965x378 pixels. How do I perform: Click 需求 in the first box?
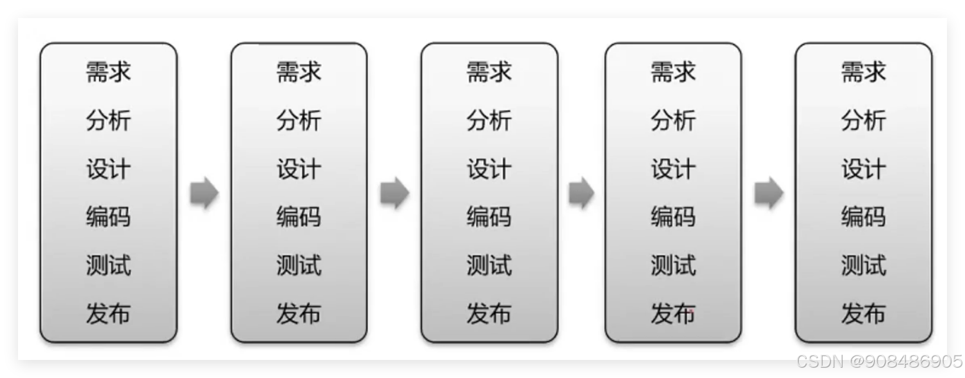[108, 72]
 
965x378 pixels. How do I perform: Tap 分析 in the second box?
[298, 120]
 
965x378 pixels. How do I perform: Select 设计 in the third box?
[489, 169]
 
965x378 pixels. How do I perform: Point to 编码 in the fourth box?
[673, 216]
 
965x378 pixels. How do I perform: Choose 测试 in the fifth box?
[863, 265]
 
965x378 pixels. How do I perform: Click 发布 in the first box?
[108, 314]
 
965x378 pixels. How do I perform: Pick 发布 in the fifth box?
[863, 314]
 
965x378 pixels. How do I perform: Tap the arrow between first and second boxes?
[204, 193]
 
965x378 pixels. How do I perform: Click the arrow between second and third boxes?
[394, 193]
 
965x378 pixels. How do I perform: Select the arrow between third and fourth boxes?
[581, 193]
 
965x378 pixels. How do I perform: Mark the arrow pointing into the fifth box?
[768, 193]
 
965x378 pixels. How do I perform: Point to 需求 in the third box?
[489, 72]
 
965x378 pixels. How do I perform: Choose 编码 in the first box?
[108, 216]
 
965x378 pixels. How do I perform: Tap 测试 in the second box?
[298, 265]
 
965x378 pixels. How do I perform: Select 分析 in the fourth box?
[673, 120]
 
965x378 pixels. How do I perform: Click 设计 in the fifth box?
[863, 169]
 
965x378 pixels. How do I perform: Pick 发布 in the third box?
[489, 314]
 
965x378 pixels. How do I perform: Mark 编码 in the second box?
[298, 216]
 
